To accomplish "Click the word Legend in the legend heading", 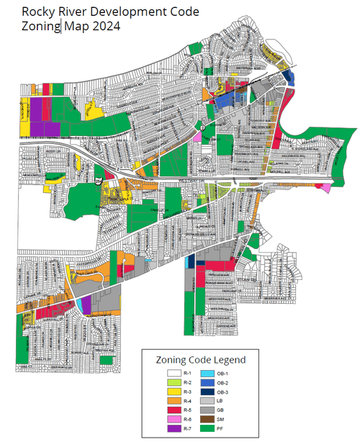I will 228,359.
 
